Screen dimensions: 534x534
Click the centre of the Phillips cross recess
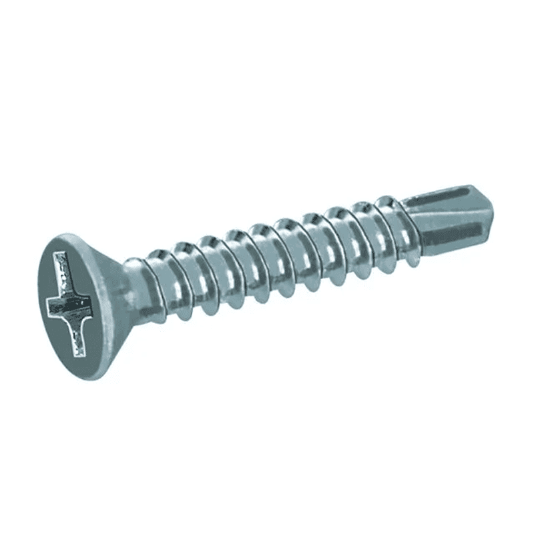pos(69,305)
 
